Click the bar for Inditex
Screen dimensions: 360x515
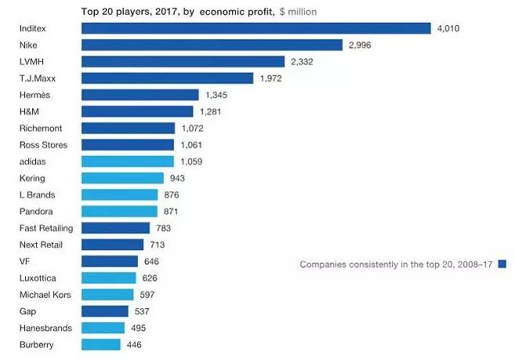pyautogui.click(x=256, y=28)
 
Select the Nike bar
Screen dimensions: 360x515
pyautogui.click(x=212, y=45)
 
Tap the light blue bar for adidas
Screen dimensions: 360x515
pyautogui.click(x=128, y=162)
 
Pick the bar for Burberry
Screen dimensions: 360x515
pyautogui.click(x=101, y=344)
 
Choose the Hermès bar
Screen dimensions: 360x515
pyautogui.click(x=140, y=95)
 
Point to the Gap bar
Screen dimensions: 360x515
pyautogui.click(x=105, y=311)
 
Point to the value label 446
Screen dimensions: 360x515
pyautogui.click(x=134, y=344)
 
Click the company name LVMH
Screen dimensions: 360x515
pyautogui.click(x=31, y=61)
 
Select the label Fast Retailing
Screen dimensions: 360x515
pyautogui.click(x=45, y=228)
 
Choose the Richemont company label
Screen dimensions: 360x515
pyautogui.click(x=39, y=128)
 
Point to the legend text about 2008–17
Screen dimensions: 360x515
pyautogui.click(x=397, y=264)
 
